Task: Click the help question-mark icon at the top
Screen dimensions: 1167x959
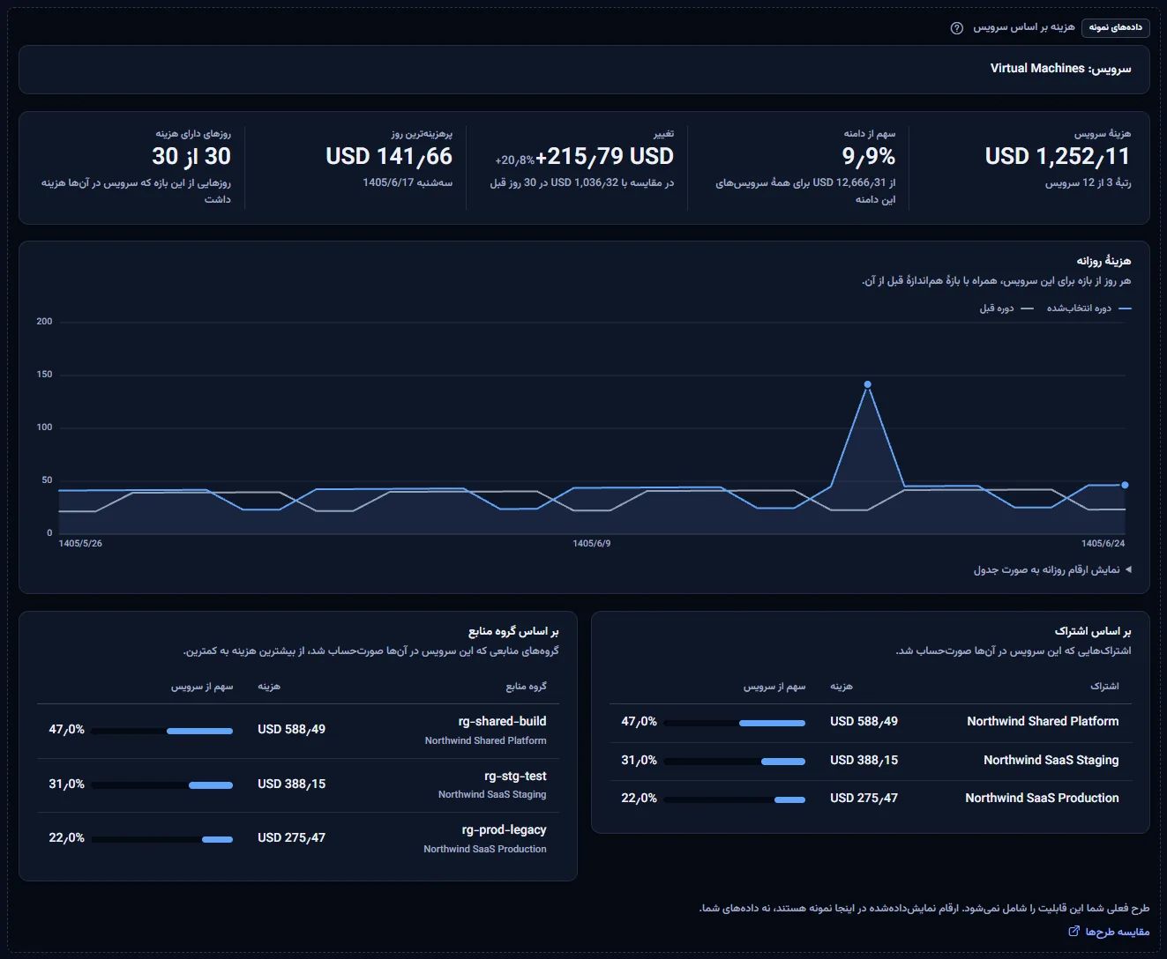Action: [956, 28]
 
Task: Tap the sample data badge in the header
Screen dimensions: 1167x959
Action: [1115, 27]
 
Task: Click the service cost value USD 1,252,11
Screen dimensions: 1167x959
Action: [1058, 157]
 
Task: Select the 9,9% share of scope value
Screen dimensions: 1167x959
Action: [868, 157]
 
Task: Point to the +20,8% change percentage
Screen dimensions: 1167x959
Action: [514, 160]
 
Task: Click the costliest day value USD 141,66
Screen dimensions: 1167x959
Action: [389, 157]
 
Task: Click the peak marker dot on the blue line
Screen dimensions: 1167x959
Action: [868, 384]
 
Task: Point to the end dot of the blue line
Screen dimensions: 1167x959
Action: [1125, 485]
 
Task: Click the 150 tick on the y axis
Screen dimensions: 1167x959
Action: [44, 375]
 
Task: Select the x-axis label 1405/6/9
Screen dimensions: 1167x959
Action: [592, 544]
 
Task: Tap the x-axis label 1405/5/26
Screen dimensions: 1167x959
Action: [80, 544]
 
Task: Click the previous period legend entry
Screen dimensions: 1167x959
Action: [1006, 308]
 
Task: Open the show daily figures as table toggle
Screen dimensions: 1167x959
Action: [1052, 569]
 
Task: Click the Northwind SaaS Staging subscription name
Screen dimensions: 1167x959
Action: [1051, 761]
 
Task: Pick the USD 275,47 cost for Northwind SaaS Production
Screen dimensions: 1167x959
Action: [864, 798]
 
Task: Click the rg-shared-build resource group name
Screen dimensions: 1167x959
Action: [502, 721]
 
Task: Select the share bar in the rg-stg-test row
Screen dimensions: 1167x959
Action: [162, 785]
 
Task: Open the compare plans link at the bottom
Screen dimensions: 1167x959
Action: [1109, 932]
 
